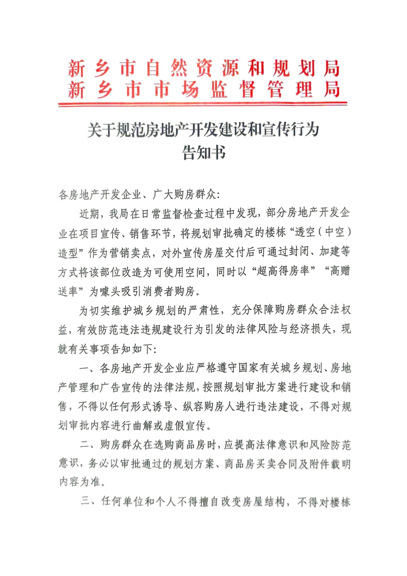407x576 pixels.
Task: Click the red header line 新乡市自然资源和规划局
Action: point(204,68)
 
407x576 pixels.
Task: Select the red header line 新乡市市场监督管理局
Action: point(204,89)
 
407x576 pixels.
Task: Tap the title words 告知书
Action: point(204,152)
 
